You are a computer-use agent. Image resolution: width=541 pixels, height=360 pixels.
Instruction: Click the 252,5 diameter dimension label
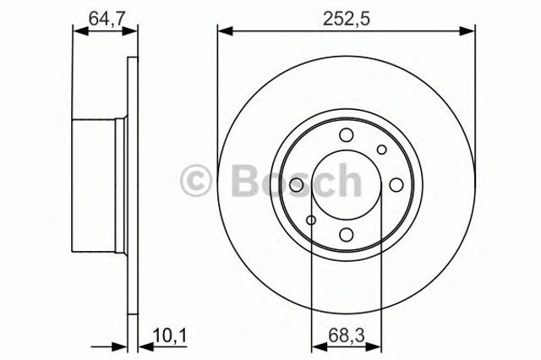tap(344, 16)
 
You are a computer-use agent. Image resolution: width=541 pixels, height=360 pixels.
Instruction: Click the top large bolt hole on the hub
tap(345, 135)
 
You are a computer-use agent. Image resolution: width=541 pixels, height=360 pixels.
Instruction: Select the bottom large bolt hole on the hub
tap(345, 236)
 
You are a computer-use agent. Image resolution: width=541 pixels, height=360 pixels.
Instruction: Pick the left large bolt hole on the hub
tap(295, 186)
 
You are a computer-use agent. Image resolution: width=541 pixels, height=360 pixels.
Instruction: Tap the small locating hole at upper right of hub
tap(381, 150)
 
